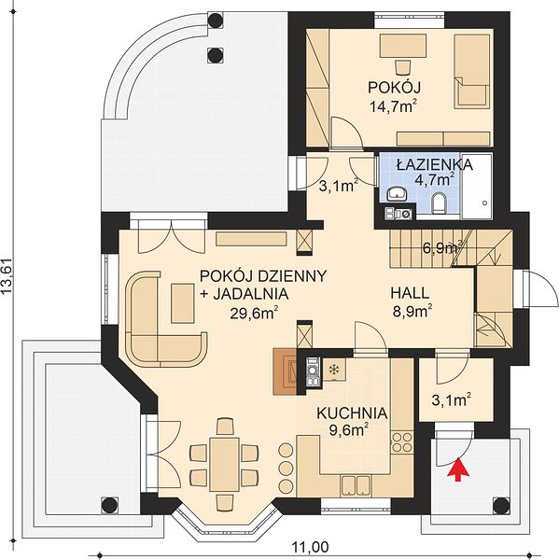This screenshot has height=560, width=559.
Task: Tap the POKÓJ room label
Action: [395, 87]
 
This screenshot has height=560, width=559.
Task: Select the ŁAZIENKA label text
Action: [435, 164]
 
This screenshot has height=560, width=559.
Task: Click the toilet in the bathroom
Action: [440, 203]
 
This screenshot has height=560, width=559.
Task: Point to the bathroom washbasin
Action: [397, 193]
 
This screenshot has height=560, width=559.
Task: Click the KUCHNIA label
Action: [352, 413]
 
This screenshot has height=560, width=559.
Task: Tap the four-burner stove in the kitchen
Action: [402, 441]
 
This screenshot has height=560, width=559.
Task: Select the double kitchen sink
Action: [355, 484]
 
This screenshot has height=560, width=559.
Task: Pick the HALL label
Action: [410, 293]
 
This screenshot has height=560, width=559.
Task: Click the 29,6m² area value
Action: [254, 314]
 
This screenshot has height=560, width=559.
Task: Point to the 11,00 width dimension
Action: [311, 546]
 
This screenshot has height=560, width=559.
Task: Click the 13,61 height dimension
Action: [7, 277]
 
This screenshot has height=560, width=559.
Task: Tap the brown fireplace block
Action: [285, 371]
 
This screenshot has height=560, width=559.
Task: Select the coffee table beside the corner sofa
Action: [183, 302]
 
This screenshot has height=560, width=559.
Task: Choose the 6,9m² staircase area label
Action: [442, 247]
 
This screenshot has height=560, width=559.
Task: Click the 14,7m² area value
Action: [395, 106]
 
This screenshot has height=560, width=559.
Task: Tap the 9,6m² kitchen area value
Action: [349, 430]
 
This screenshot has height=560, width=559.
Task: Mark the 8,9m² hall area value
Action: [412, 311]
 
